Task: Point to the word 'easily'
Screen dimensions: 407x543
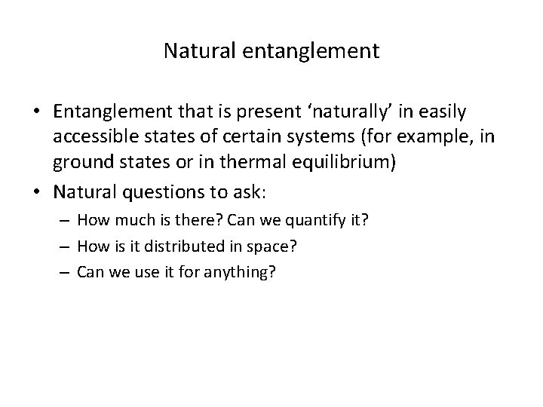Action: pyautogui.click(x=444, y=113)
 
